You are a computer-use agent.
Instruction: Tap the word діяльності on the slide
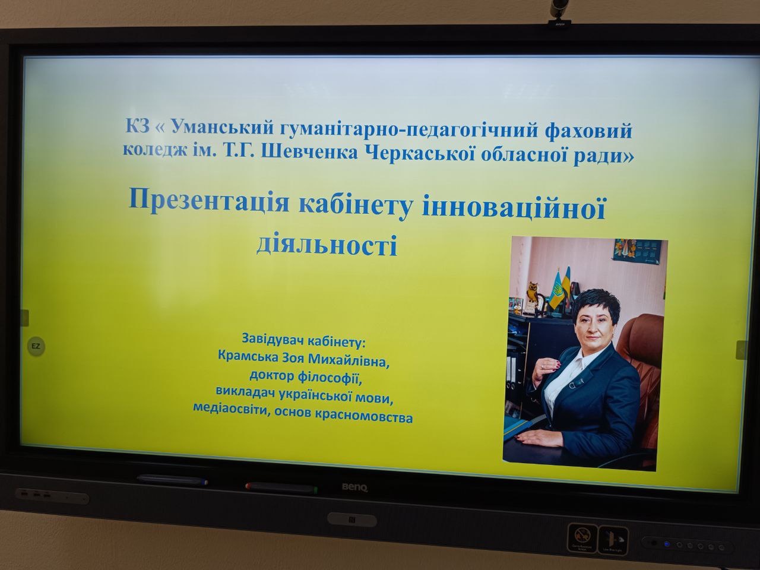click(x=327, y=245)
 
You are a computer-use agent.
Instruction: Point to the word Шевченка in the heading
click(x=309, y=153)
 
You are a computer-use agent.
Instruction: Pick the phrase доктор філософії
click(x=305, y=376)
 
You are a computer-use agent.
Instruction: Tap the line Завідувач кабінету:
click(x=303, y=340)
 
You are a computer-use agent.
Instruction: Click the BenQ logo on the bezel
click(x=354, y=487)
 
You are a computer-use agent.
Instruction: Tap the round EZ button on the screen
click(x=36, y=346)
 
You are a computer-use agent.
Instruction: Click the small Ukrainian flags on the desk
click(x=560, y=287)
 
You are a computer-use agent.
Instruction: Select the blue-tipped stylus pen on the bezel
click(x=172, y=480)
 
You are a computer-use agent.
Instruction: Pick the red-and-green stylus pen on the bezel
click(x=281, y=488)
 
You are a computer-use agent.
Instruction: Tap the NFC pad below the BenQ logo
click(x=352, y=520)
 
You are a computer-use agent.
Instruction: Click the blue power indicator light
click(x=667, y=544)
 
